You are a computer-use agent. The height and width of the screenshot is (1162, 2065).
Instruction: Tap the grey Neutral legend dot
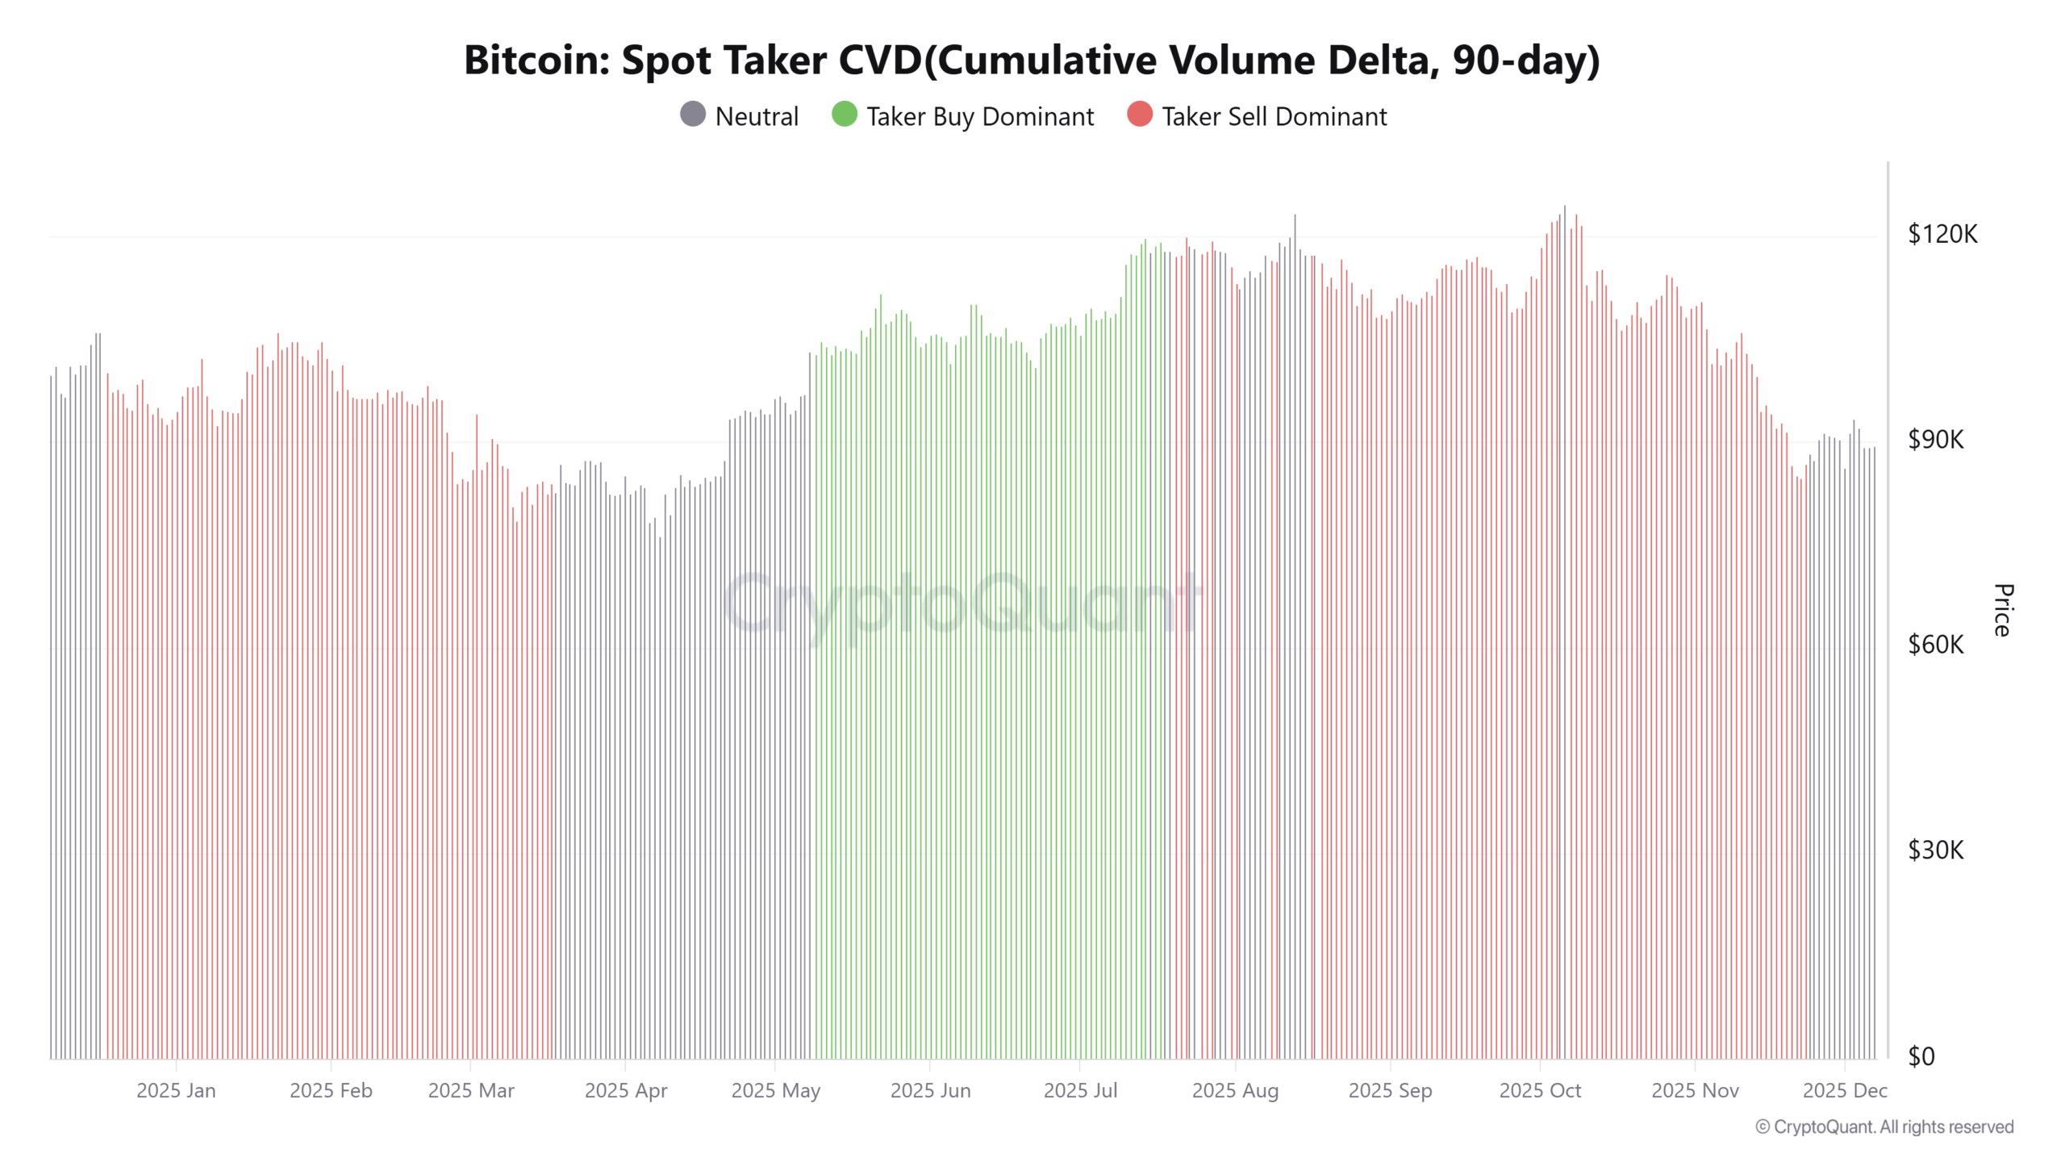point(693,115)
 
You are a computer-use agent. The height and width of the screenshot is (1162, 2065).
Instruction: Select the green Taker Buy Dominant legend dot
point(844,115)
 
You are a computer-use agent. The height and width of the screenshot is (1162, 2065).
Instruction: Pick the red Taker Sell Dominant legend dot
point(1139,115)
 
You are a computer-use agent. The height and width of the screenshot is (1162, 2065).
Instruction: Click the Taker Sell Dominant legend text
point(1274,117)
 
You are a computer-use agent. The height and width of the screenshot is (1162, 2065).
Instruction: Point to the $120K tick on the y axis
point(1942,235)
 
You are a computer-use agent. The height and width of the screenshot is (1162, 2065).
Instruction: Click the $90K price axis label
point(1936,440)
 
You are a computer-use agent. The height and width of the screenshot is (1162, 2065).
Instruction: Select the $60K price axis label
point(1936,645)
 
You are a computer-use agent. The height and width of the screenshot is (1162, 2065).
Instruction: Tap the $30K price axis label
point(1936,851)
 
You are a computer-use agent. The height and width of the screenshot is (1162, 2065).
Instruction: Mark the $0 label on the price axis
point(1921,1056)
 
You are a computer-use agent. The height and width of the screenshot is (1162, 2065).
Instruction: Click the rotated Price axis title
point(2003,610)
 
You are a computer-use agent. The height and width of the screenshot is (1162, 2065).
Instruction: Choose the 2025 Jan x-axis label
point(176,1091)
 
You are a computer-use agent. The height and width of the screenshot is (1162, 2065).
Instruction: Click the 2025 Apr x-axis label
point(626,1091)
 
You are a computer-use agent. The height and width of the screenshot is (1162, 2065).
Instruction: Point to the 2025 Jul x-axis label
point(1080,1091)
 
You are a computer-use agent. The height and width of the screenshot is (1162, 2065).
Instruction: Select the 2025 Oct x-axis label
point(1540,1091)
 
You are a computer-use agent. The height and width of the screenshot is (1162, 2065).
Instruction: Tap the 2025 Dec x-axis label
point(1845,1091)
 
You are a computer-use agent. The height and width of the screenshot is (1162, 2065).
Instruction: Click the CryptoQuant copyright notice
point(1884,1127)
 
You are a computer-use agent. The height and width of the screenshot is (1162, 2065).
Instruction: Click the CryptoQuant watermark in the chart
point(962,603)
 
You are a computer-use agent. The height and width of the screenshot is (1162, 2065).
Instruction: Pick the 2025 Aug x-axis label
point(1235,1091)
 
